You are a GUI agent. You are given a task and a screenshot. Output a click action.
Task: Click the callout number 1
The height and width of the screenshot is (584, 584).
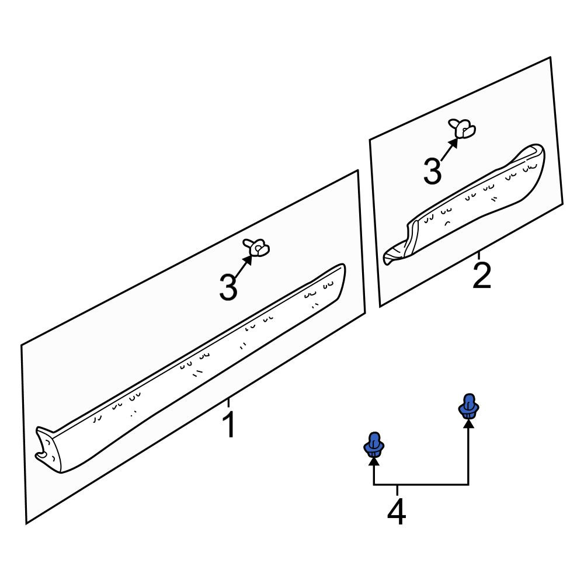(229, 425)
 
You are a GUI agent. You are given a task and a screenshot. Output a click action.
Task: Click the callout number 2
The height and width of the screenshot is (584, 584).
(482, 275)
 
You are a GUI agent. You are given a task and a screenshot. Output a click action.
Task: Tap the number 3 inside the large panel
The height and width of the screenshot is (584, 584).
(228, 287)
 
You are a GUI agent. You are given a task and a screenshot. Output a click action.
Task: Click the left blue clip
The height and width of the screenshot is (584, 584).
(374, 444)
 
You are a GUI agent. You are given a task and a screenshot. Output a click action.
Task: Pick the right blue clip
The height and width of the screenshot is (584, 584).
(468, 406)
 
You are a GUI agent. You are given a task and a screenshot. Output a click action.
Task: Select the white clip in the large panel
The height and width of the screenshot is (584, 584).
(256, 248)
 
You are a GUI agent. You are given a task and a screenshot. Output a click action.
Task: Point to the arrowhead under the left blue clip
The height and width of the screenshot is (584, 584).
(374, 462)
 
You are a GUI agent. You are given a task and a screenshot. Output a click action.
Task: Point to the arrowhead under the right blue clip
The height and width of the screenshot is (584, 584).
(468, 423)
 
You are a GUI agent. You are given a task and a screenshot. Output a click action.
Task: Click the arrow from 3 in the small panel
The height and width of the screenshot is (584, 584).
(449, 150)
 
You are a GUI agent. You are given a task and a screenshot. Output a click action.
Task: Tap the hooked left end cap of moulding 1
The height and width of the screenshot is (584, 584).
(45, 448)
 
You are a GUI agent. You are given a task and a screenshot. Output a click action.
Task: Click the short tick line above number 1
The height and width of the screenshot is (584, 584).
(228, 403)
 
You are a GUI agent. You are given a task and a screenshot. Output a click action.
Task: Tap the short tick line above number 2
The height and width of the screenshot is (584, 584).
(479, 255)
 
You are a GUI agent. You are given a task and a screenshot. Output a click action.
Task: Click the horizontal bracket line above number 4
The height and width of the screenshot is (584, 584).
(421, 485)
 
